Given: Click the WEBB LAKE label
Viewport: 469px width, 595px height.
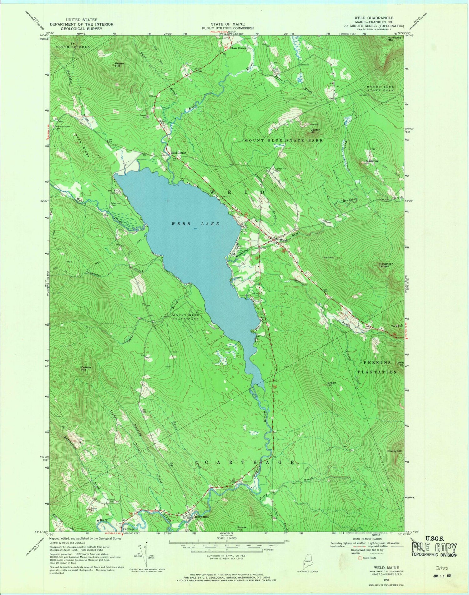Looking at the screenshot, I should click(x=195, y=224).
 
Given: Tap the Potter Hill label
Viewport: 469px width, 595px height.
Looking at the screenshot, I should click(x=119, y=65).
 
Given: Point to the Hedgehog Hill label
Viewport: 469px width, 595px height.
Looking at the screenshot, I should click(x=371, y=162).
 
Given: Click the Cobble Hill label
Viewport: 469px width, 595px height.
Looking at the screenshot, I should click(x=86, y=369).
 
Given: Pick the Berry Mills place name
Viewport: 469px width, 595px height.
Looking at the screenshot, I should click(x=202, y=517).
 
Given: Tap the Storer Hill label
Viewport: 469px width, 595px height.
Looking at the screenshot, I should click(x=241, y=528).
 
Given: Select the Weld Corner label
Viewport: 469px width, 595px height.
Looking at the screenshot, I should click(x=178, y=153).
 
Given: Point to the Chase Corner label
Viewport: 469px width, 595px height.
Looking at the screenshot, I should click(x=239, y=48).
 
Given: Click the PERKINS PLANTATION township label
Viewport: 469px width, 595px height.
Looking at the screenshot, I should click(x=380, y=367).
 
